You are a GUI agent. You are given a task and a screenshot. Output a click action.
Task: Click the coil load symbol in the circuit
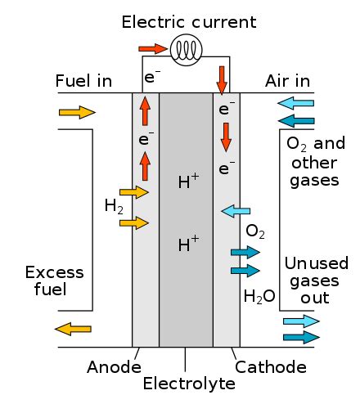click(185, 51)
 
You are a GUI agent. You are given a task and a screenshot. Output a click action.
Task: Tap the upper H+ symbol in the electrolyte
click(188, 182)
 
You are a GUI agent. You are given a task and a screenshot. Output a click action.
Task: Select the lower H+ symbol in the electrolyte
click(188, 243)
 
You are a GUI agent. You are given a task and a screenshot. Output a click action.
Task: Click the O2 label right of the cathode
click(255, 233)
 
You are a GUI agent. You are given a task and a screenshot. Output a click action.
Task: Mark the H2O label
click(259, 295)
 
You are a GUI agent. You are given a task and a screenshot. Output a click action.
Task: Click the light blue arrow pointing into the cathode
click(236, 212)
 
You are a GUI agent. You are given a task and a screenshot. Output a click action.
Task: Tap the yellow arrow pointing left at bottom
click(73, 329)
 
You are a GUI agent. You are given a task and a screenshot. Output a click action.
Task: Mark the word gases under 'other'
click(314, 179)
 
